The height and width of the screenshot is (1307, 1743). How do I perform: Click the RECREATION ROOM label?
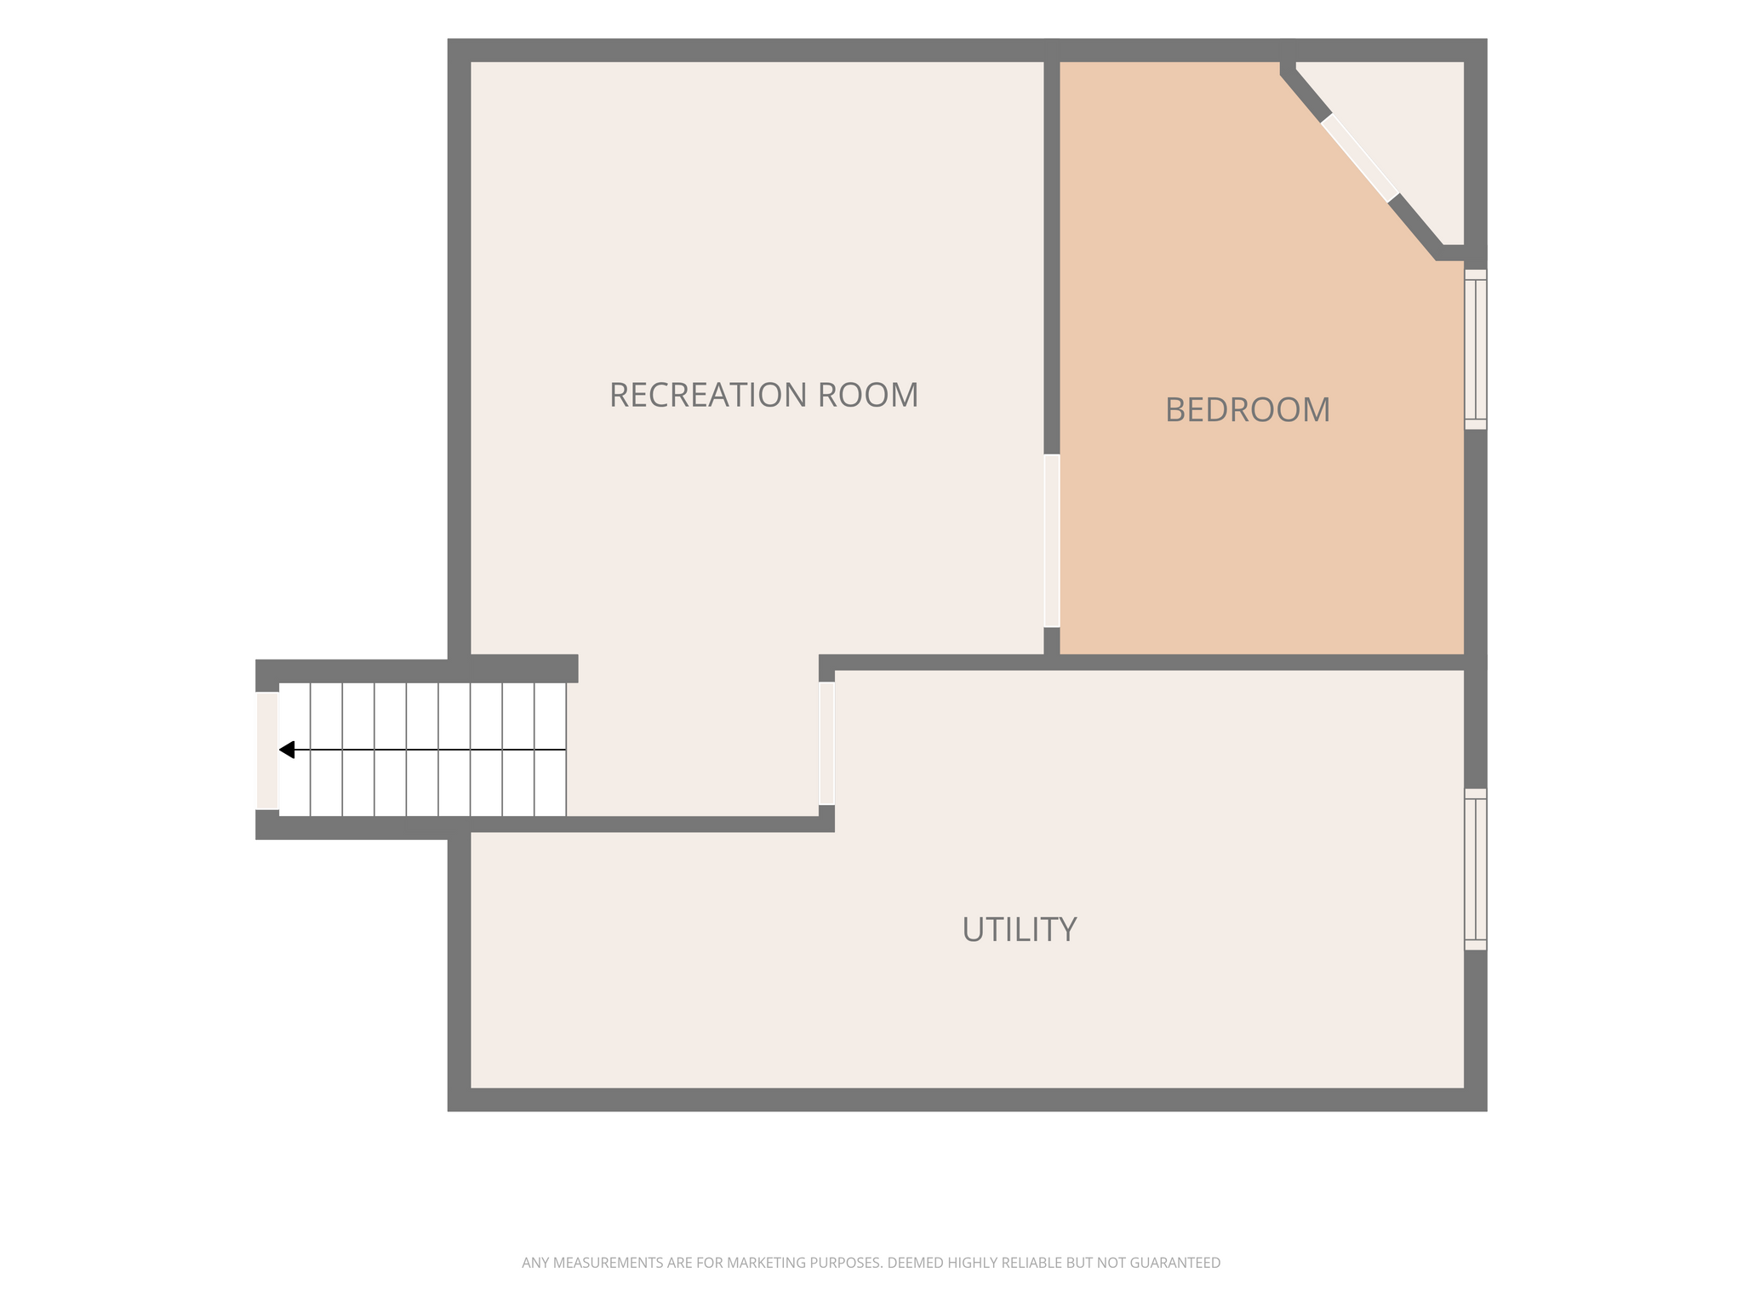click(763, 395)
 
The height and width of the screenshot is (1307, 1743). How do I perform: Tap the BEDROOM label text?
click(1248, 410)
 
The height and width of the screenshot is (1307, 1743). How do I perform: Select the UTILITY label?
click(1020, 929)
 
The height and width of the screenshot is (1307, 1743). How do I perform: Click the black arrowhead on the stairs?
click(287, 750)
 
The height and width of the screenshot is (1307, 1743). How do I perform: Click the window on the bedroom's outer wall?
click(1476, 349)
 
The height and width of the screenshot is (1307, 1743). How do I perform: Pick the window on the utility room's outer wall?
click(1476, 869)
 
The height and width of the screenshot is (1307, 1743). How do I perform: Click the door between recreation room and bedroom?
click(1052, 540)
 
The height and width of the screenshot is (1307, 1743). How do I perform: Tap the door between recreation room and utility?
click(826, 743)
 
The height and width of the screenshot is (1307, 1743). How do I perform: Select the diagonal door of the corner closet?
click(1359, 158)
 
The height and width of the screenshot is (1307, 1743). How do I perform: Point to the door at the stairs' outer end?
click(267, 751)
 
